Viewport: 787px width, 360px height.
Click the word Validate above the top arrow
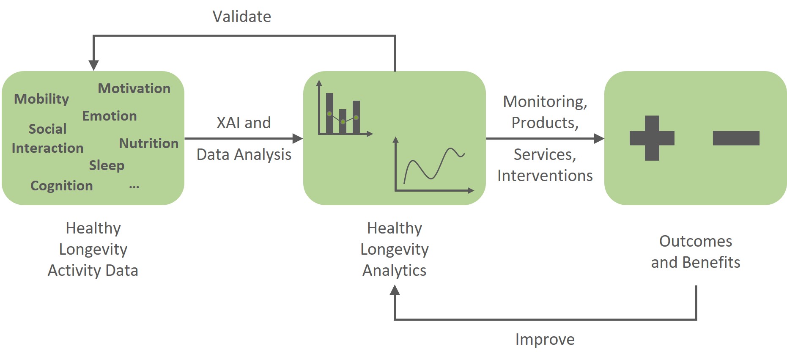point(241,16)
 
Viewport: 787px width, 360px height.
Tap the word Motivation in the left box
point(134,88)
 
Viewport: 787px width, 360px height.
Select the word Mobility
point(41,99)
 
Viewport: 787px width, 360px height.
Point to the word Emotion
point(110,115)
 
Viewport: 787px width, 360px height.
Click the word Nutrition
point(149,143)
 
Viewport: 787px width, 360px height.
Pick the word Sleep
point(107,165)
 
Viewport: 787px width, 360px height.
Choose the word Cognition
point(62,186)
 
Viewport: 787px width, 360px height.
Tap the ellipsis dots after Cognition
point(134,187)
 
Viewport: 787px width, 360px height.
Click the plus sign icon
point(652,138)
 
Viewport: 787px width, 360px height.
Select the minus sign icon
point(736,138)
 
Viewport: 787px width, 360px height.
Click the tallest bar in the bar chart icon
point(329,113)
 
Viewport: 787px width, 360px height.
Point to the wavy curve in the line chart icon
point(434,165)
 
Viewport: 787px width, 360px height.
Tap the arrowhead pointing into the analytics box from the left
point(298,138)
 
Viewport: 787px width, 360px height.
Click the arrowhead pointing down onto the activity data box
point(93,65)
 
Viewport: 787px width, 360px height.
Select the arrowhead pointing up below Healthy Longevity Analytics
point(395,290)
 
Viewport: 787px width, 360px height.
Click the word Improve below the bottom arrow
point(545,339)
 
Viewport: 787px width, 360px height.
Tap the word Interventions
point(545,175)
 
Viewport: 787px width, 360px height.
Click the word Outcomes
point(696,241)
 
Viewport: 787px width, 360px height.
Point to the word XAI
point(229,123)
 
